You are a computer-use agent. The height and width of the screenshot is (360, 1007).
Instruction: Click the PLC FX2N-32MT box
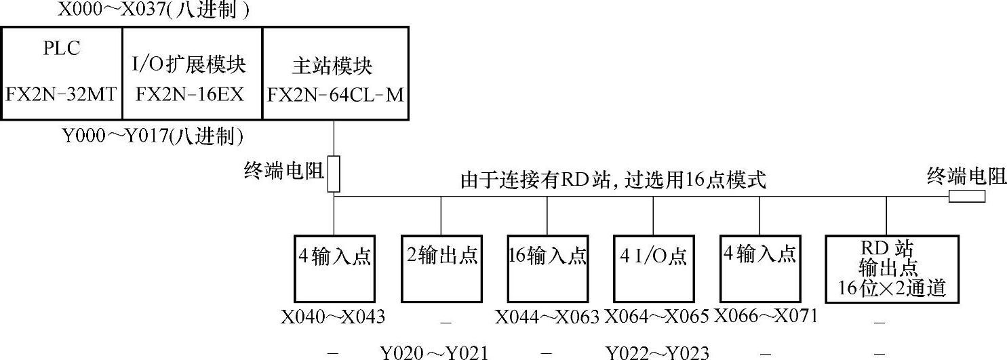click(62, 73)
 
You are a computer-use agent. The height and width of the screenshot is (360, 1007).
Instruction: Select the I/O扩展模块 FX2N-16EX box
click(191, 73)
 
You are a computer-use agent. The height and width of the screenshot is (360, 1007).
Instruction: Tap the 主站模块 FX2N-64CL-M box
click(335, 73)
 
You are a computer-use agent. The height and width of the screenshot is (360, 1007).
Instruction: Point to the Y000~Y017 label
click(153, 137)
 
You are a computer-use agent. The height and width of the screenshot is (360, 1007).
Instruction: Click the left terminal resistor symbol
click(333, 174)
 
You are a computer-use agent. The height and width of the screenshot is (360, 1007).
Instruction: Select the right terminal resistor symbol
click(966, 197)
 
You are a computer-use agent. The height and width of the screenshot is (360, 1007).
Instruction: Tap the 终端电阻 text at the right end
click(966, 178)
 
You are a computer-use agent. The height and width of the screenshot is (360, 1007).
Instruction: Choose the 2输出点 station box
click(441, 268)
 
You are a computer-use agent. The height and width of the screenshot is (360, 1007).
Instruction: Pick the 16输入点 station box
click(547, 268)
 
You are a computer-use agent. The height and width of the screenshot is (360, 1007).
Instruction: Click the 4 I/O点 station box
click(653, 268)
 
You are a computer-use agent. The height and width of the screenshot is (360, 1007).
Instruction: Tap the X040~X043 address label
click(333, 317)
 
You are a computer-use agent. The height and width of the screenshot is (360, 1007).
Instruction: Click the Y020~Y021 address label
click(434, 353)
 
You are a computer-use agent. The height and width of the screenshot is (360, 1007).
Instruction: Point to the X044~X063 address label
click(547, 317)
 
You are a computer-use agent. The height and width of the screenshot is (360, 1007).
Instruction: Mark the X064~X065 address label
click(656, 317)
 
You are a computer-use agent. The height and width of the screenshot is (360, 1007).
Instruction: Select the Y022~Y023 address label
click(657, 353)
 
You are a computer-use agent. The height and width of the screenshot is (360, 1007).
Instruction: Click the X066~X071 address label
click(766, 317)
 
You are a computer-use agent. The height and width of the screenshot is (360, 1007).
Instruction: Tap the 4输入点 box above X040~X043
click(334, 268)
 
